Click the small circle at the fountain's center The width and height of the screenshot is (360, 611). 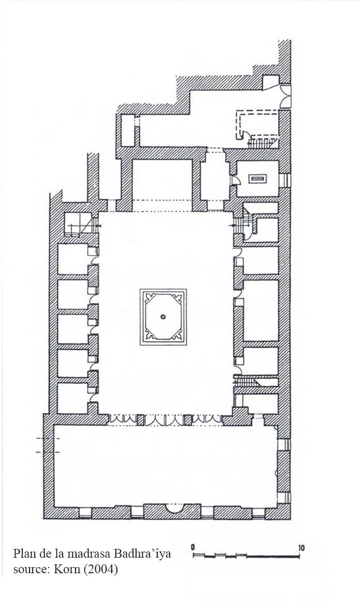pos(163,317)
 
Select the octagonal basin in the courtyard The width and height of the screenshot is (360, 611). pos(163,317)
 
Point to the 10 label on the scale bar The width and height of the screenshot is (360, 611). pos(302,548)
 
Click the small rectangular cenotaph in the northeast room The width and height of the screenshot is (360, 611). pos(258,179)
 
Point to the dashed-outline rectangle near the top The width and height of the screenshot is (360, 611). pos(257,124)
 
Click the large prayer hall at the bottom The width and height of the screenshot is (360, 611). pos(165,466)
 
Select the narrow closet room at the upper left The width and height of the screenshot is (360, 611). pos(127,130)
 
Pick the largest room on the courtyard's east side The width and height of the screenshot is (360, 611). pos(260,310)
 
